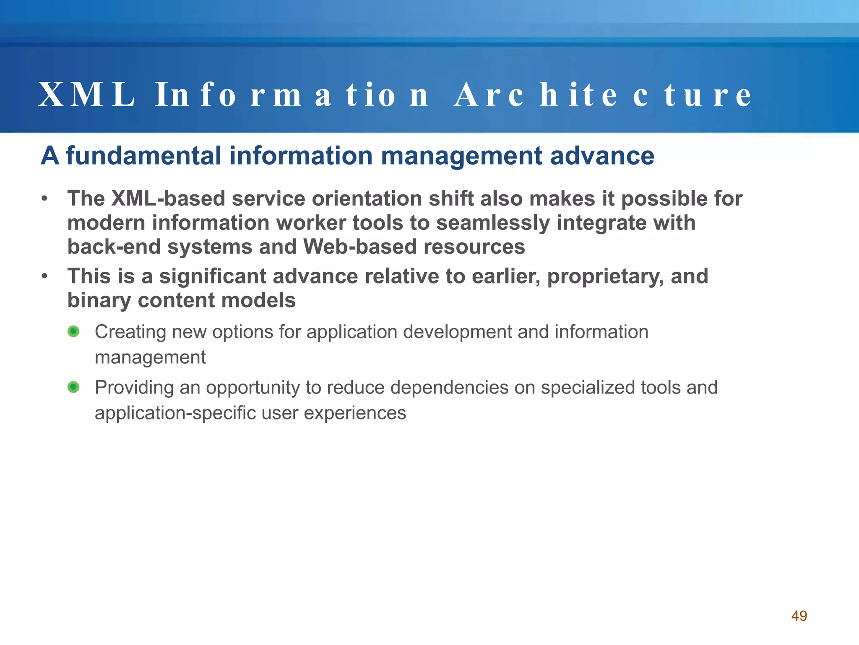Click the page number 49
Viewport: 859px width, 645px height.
pyautogui.click(x=799, y=616)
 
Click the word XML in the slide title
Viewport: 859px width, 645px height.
pyautogui.click(x=87, y=95)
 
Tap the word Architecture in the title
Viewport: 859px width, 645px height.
pyautogui.click(x=603, y=95)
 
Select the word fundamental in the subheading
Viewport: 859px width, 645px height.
pyautogui.click(x=143, y=156)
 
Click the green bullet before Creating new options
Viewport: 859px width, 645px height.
pyautogui.click(x=73, y=332)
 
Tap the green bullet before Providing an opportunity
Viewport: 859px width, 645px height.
pyautogui.click(x=73, y=387)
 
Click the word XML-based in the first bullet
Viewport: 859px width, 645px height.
pyautogui.click(x=168, y=198)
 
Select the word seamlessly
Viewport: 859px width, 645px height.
pyautogui.click(x=493, y=223)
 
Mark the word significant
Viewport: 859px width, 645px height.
pyautogui.click(x=213, y=276)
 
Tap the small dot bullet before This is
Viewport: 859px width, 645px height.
pyautogui.click(x=44, y=276)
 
